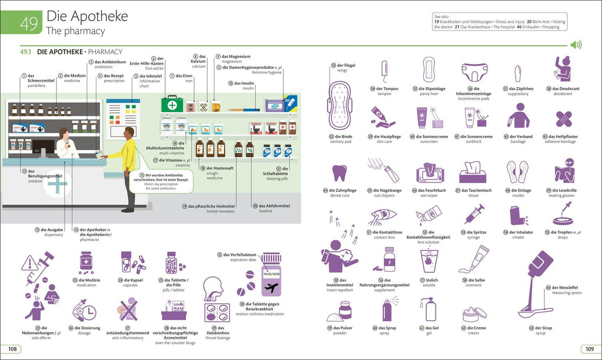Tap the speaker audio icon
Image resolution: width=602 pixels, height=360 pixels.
tap(576, 45)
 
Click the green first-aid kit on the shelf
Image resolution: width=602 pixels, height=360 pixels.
tap(172, 105)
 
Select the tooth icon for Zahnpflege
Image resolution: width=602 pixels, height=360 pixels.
tap(339, 173)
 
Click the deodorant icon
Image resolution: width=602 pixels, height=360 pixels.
tap(563, 69)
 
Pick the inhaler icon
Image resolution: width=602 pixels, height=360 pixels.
tap(517, 216)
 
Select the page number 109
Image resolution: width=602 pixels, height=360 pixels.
tap(588, 349)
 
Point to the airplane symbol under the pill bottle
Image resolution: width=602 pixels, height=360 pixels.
tap(272, 288)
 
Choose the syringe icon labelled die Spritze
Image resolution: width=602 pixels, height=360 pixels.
tap(474, 214)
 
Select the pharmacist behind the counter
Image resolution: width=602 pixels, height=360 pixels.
tap(65, 144)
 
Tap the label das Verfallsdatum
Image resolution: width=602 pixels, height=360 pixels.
tap(243, 255)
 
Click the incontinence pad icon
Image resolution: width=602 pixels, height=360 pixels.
tap(474, 72)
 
